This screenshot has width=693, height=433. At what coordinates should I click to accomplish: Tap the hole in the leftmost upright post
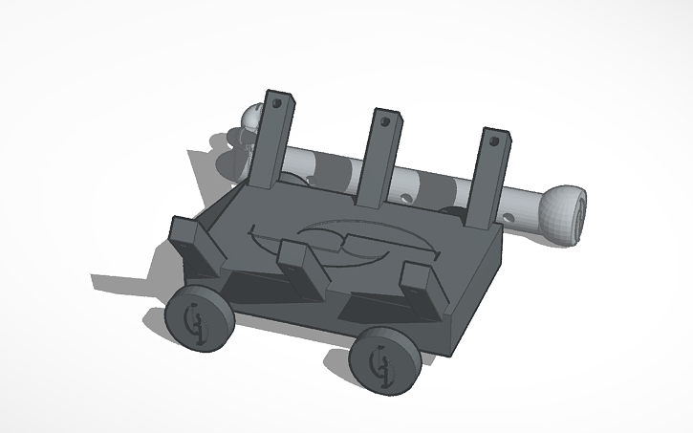[279, 102]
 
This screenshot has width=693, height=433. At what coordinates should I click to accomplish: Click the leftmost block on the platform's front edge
[196, 243]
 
